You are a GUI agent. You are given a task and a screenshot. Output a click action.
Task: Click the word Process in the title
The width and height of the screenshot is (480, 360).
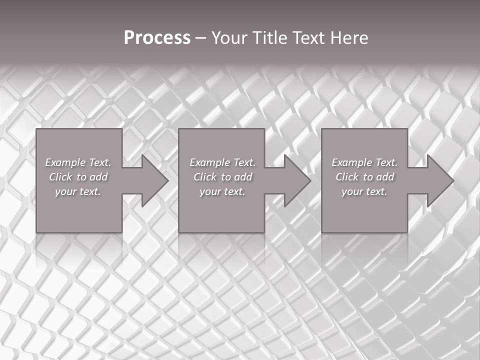pos(157,38)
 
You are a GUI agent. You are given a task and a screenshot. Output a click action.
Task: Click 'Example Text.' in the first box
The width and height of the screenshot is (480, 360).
pos(78,162)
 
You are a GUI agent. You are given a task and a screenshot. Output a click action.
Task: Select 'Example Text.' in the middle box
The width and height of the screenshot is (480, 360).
pos(222,162)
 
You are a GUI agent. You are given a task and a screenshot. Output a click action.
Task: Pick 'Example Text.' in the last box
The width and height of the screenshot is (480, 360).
pos(364,162)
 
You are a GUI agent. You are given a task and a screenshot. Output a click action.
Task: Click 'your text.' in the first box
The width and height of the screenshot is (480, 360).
pos(78,191)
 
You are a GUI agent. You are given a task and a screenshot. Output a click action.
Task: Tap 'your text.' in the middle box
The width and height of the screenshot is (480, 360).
pos(222,191)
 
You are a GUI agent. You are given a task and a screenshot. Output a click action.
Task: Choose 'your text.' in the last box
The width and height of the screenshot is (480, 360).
pos(364,191)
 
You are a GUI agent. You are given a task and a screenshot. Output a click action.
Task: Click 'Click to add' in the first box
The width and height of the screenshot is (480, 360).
pos(78,177)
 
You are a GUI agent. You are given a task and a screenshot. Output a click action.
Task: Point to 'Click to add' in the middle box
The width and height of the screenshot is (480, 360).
pos(222,177)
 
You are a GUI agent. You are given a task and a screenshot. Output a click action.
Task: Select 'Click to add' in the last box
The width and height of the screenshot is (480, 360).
pos(364,177)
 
